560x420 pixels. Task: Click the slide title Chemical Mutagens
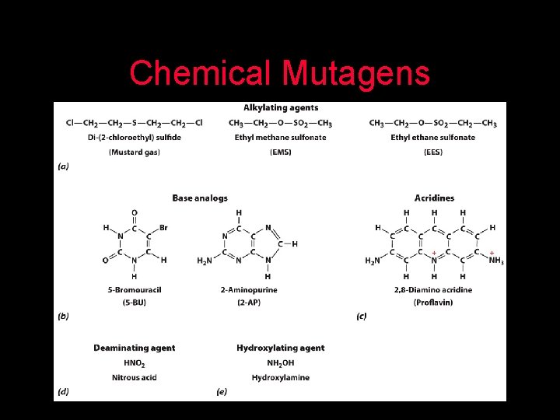tap(279, 73)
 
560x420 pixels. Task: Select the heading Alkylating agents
tap(281, 107)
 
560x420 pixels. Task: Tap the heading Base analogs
tap(200, 198)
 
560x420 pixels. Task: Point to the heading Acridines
tap(434, 198)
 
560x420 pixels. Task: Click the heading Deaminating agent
tap(135, 348)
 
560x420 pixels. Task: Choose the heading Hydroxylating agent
tap(281, 348)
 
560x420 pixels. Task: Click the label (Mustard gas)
tap(135, 152)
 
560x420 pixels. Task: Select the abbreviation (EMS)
tap(281, 152)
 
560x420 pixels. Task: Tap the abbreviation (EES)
tap(432, 152)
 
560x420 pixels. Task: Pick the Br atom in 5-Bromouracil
tap(163, 228)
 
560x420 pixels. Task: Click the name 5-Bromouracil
tap(135, 289)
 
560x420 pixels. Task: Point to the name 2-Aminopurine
tap(248, 289)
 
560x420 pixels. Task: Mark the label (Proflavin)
tap(434, 301)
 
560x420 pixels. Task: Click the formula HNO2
tap(135, 363)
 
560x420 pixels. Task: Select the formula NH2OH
tap(281, 363)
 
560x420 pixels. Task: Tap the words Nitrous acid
tap(135, 377)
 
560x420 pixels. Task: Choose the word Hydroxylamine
tap(281, 377)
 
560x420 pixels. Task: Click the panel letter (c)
tap(362, 316)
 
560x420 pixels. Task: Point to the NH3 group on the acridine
tap(495, 261)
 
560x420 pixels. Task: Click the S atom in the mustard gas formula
tap(135, 123)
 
